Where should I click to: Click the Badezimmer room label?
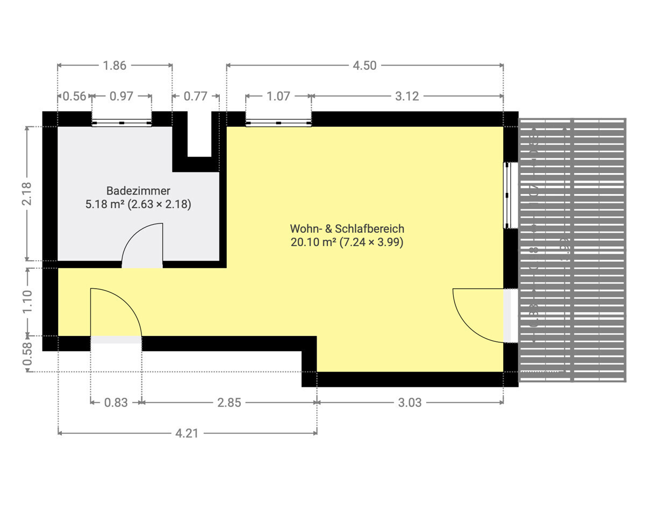[x=138, y=191]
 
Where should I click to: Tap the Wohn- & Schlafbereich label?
[x=347, y=229]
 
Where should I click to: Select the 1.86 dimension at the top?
[x=114, y=66]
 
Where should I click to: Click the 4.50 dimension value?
[x=364, y=66]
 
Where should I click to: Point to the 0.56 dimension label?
[x=74, y=97]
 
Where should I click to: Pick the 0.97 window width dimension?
[x=121, y=97]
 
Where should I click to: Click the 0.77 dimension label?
[x=196, y=97]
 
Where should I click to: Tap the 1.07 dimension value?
[x=278, y=97]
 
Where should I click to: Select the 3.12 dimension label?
[x=407, y=97]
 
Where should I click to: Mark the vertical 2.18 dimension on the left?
[x=27, y=194]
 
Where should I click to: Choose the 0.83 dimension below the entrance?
[x=116, y=402]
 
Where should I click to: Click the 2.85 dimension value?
[x=229, y=402]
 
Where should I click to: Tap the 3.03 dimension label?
[x=410, y=402]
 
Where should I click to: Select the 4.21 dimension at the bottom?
[x=187, y=433]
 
